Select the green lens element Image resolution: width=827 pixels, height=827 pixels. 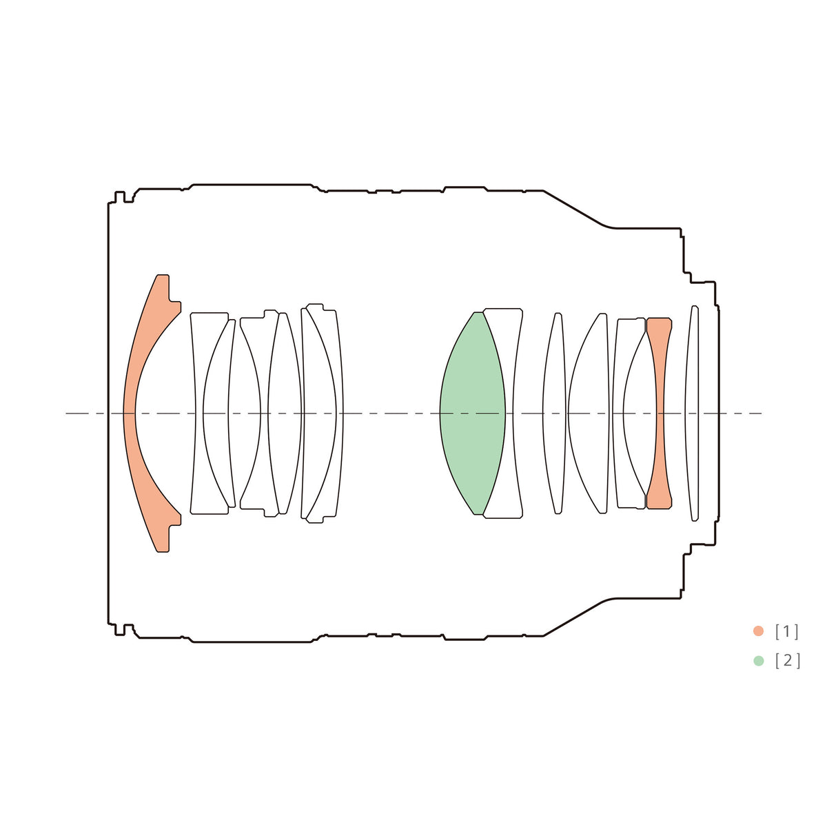click(472, 413)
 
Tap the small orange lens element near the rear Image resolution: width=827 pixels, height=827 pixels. click(660, 413)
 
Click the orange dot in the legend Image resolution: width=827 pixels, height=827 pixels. click(758, 631)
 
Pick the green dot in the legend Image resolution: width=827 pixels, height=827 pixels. click(758, 660)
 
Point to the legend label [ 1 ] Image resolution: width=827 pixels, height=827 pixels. click(786, 631)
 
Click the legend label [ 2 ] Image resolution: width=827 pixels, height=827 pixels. click(788, 661)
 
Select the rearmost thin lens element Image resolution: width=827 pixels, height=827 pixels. click(692, 413)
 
